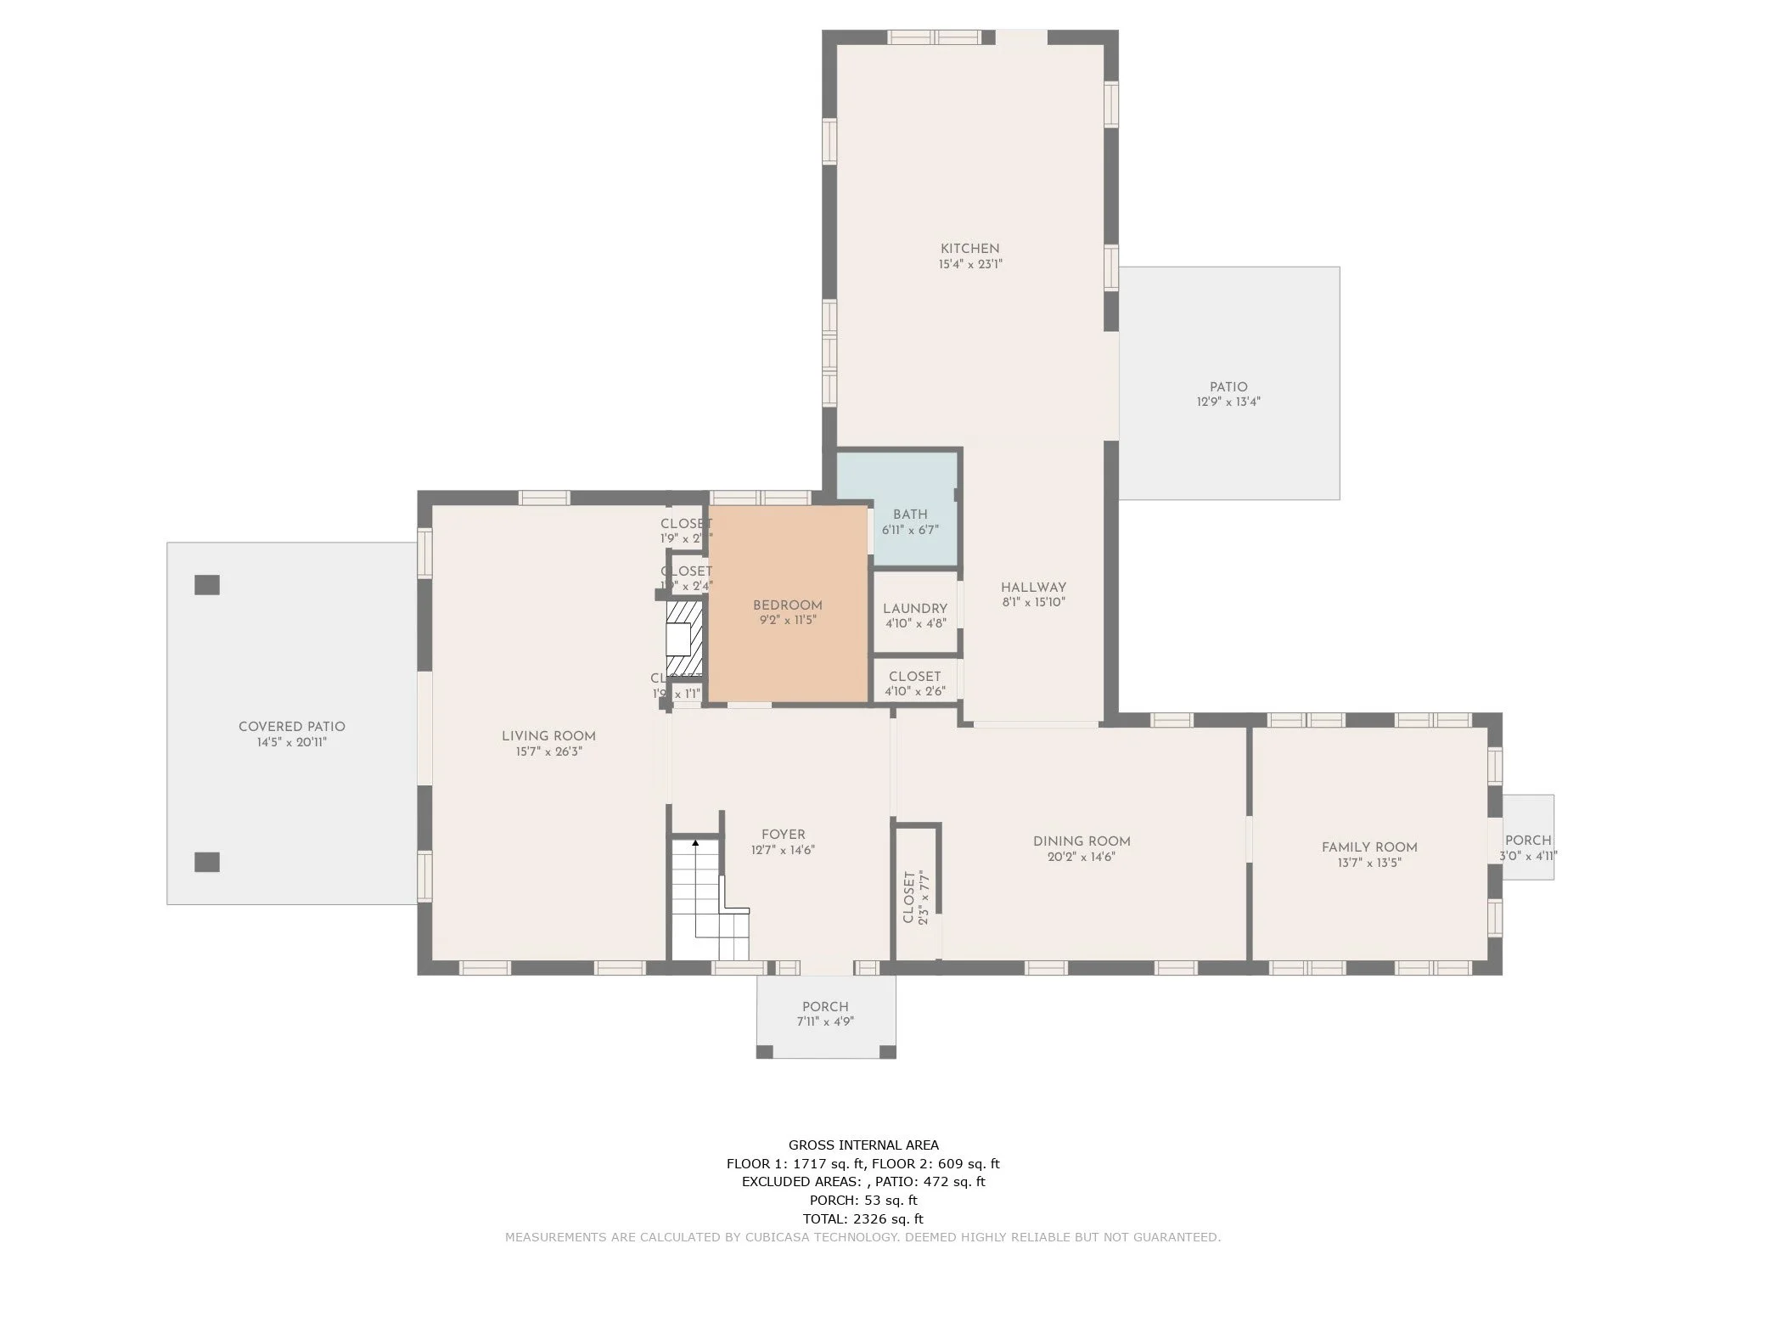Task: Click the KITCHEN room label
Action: coord(969,249)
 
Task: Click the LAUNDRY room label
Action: coord(914,609)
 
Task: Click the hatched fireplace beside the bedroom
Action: coord(684,638)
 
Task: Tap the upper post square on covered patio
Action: coord(207,585)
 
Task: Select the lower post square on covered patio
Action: coord(207,862)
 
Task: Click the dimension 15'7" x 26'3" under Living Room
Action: coord(548,751)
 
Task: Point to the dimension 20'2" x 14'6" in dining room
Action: coord(1081,857)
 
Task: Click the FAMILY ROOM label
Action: coord(1368,847)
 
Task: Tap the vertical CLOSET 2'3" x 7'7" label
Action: coord(916,897)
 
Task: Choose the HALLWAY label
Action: coord(1033,588)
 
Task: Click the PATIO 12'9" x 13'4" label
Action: coord(1228,394)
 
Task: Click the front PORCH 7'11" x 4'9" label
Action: coord(825,1014)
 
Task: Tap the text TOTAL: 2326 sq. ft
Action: coord(863,1218)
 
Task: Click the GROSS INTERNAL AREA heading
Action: coord(863,1145)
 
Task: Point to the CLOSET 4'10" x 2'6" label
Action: coord(914,684)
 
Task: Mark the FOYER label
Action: coord(783,835)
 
